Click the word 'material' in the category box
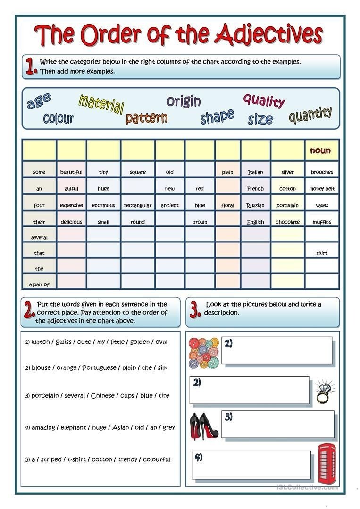[x=101, y=104]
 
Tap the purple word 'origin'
[x=184, y=101]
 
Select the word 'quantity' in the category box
[x=310, y=114]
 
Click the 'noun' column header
[x=320, y=150]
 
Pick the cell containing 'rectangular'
[x=137, y=205]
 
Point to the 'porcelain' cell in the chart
[x=287, y=205]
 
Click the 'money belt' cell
[x=322, y=189]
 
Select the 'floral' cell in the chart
[x=228, y=205]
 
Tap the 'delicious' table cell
[x=71, y=222]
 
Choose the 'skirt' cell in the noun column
[x=322, y=253]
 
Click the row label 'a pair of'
[x=39, y=284]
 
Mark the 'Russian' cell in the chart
[x=255, y=205]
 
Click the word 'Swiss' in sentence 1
[x=64, y=342]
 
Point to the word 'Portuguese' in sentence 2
[x=99, y=368]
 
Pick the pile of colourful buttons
[x=204, y=352]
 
